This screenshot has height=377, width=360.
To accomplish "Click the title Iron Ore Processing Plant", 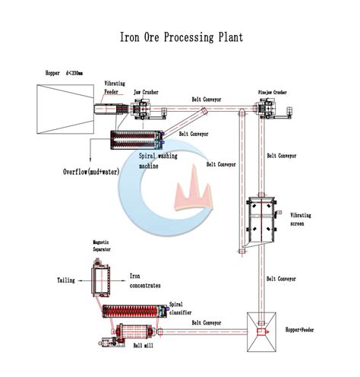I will click(x=180, y=36).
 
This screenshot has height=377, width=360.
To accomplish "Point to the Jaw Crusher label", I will click(x=147, y=91).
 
